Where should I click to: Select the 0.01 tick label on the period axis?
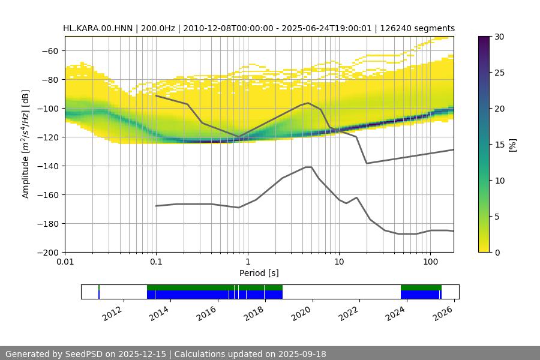(x=65, y=262)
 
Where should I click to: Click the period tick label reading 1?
(x=247, y=262)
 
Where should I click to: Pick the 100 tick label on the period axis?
(x=430, y=262)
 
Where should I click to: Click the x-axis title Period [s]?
(x=259, y=273)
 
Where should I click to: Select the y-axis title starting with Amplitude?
(x=26, y=144)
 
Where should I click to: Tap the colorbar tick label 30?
(x=499, y=37)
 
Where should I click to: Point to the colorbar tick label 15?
(x=499, y=145)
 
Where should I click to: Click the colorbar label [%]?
(x=512, y=144)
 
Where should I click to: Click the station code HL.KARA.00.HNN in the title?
(x=99, y=28)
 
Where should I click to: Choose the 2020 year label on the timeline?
(x=303, y=313)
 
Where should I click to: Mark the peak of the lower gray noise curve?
(x=308, y=167)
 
